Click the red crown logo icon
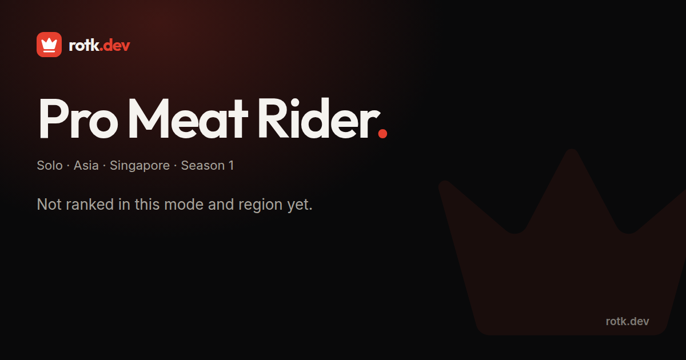49,45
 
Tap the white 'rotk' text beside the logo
84,45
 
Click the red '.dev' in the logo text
115,46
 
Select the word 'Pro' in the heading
78,119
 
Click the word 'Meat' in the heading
188,119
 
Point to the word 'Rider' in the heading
317,119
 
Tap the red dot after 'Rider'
382,134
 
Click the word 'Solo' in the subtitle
50,166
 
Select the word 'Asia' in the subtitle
86,166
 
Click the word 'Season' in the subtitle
203,166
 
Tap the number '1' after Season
231,166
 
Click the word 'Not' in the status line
49,204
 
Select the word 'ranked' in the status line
90,204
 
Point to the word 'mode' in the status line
184,204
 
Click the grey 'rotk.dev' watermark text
627,321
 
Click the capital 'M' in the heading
148,119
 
